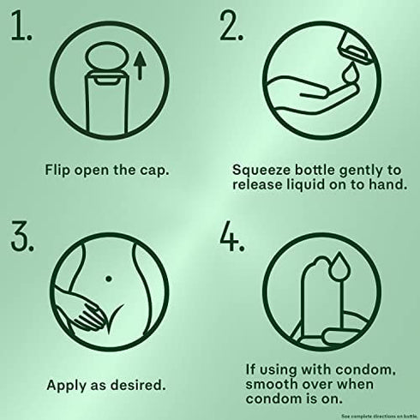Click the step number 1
coord(21,25)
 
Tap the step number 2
coord(231,25)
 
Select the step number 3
coord(22,237)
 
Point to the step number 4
coord(232,237)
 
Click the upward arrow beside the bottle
coord(140,66)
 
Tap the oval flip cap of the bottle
coord(105,57)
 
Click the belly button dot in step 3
coord(109,279)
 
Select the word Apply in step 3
coord(66,386)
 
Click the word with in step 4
coord(316,369)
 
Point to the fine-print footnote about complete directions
coord(381,416)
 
